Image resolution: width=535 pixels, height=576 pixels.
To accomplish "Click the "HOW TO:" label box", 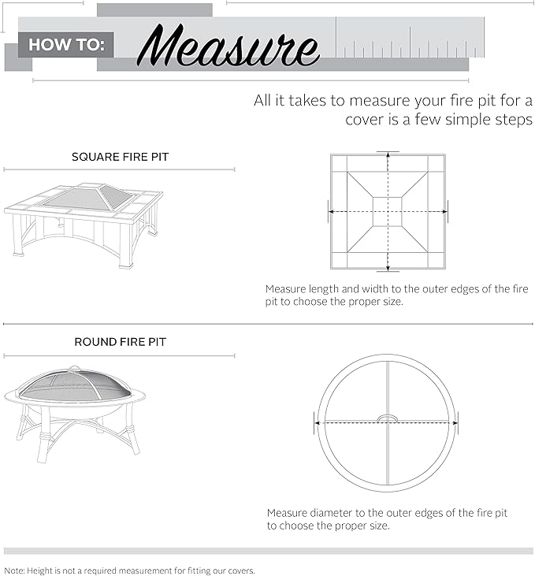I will (x=65, y=45).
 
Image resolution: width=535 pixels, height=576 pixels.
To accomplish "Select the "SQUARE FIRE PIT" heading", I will (x=120, y=157).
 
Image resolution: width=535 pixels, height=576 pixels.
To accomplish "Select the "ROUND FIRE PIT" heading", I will (x=120, y=342).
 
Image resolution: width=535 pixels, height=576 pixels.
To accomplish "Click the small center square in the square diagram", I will (x=387, y=211).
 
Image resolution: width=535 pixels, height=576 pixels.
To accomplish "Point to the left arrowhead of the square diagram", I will (x=331, y=211).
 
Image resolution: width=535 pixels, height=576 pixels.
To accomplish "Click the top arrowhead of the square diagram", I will (x=387, y=156).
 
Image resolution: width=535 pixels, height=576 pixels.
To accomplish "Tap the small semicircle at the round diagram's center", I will (x=387, y=418).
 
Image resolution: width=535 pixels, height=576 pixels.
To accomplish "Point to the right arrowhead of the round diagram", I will (x=452, y=422).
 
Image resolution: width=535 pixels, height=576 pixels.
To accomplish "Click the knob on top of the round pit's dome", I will (x=75, y=367).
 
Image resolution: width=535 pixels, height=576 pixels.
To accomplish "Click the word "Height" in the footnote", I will (x=41, y=570).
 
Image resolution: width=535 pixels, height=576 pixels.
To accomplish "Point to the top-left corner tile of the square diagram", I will (x=339, y=162).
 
